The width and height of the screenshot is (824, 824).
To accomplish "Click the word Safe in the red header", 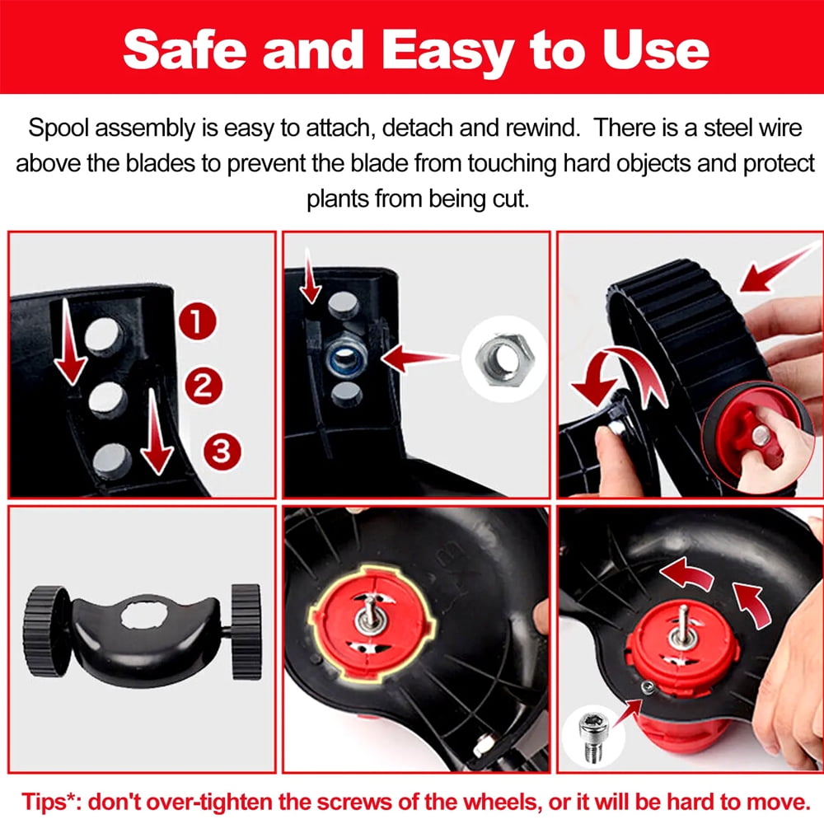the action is pyautogui.click(x=185, y=49).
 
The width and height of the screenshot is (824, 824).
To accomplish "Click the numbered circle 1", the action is pyautogui.click(x=197, y=321).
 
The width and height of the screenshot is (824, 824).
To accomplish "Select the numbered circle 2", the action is pyautogui.click(x=204, y=386).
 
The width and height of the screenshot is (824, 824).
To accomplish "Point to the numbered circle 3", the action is pyautogui.click(x=222, y=452).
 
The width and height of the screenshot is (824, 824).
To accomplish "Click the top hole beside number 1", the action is pyautogui.click(x=104, y=335).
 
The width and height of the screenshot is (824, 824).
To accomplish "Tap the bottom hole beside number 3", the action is pyautogui.click(x=112, y=461).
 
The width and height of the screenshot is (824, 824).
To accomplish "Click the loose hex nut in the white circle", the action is pyautogui.click(x=504, y=360).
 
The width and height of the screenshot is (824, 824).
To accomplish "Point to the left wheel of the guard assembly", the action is pyautogui.click(x=47, y=631).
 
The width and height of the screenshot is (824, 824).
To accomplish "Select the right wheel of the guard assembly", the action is pyautogui.click(x=246, y=631).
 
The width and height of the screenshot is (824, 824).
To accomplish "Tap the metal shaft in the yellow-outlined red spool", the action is pyautogui.click(x=372, y=615).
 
